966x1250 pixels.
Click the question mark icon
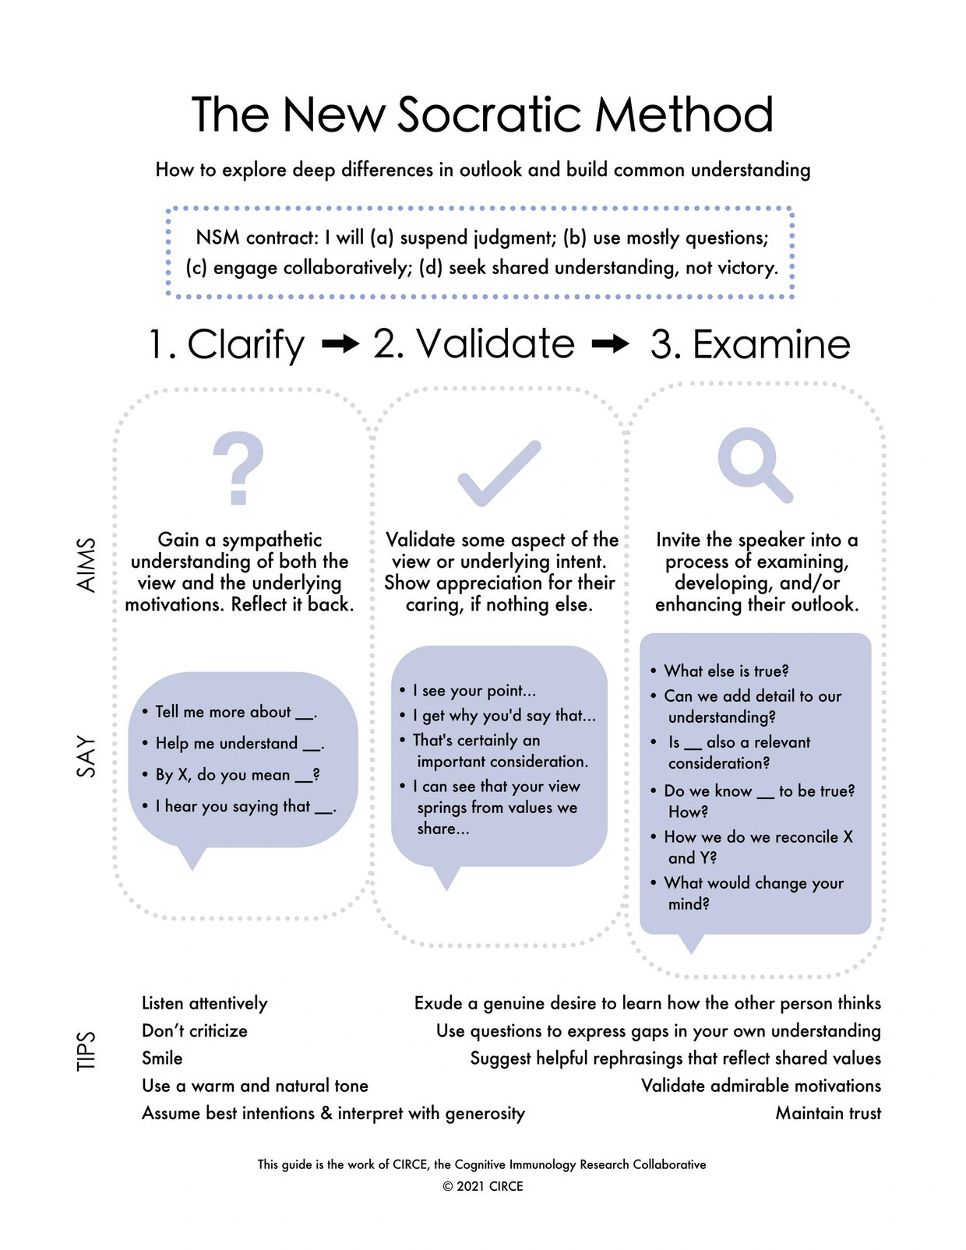click(238, 469)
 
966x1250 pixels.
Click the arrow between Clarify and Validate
click(340, 343)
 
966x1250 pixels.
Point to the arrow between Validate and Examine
click(611, 343)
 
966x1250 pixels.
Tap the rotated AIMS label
click(86, 565)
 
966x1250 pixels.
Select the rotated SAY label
click(86, 755)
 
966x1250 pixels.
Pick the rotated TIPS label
click(86, 1051)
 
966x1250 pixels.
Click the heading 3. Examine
click(749, 344)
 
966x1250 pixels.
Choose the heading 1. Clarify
click(227, 344)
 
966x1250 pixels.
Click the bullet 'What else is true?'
click(725, 671)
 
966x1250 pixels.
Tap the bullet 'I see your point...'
click(474, 690)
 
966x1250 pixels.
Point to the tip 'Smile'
click(162, 1058)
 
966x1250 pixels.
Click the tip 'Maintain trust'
click(828, 1113)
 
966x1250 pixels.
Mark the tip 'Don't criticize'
click(195, 1030)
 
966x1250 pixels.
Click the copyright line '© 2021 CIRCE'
click(482, 1186)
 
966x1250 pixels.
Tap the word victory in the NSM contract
click(746, 268)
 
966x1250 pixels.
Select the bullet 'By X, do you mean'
click(237, 775)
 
